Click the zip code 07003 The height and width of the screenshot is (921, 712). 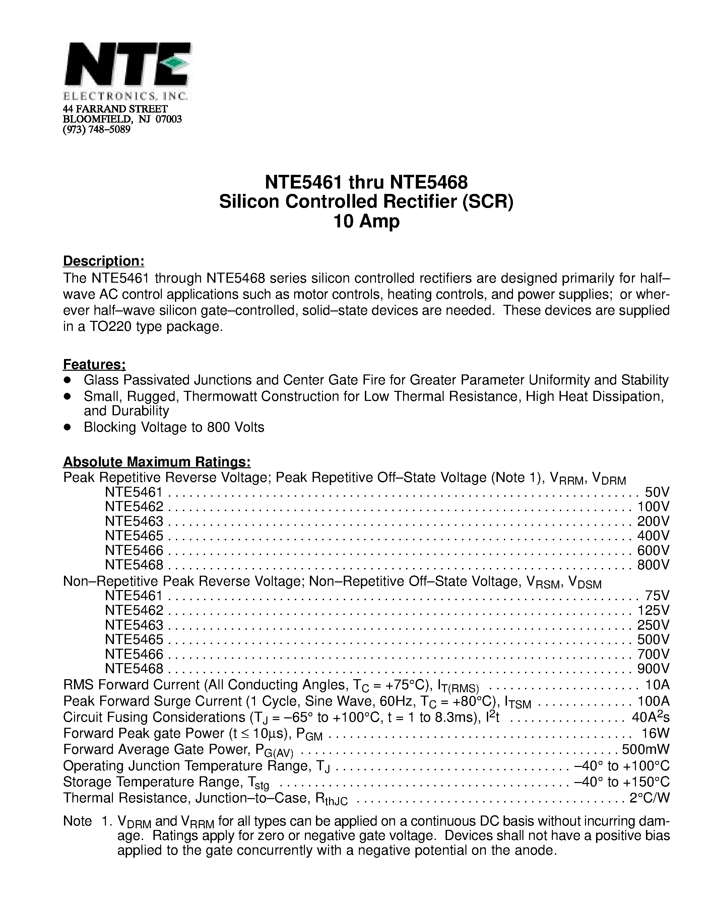pyautogui.click(x=169, y=119)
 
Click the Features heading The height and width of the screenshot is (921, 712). pyautogui.click(x=94, y=364)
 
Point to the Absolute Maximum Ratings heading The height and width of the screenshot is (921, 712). pyautogui.click(x=157, y=462)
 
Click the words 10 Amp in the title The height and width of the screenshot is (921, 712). pyautogui.click(x=366, y=221)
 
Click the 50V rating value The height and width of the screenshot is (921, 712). pyautogui.click(x=657, y=492)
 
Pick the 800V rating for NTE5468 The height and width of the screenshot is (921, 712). pyautogui.click(x=653, y=565)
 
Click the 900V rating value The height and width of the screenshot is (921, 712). pyautogui.click(x=653, y=668)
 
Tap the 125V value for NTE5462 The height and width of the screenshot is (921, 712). pyautogui.click(x=653, y=611)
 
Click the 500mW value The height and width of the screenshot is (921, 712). pyautogui.click(x=645, y=750)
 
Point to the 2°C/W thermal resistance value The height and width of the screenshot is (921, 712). pyautogui.click(x=650, y=798)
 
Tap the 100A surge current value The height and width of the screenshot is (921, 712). pyautogui.click(x=653, y=701)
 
